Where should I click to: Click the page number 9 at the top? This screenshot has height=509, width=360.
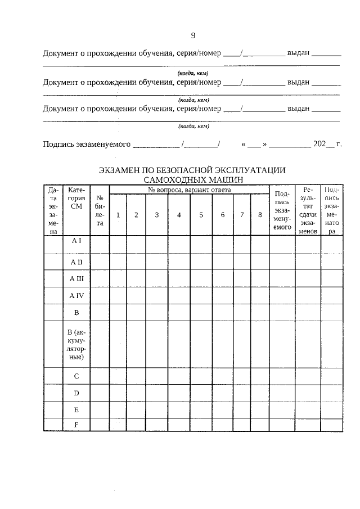click(193, 36)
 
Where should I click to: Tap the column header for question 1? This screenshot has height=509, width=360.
click(118, 215)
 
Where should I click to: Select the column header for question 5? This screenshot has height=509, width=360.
click(201, 215)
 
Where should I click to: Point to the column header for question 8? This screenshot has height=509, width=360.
click(259, 215)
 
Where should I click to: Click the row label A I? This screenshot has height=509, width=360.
click(76, 240)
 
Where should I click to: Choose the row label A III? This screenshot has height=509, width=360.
click(76, 278)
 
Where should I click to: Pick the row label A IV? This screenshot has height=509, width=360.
click(76, 295)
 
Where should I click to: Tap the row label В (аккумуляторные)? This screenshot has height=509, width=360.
click(76, 344)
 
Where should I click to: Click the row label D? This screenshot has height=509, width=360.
click(76, 393)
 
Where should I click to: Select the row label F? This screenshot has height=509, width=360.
click(76, 425)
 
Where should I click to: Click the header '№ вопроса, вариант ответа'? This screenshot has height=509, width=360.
click(189, 190)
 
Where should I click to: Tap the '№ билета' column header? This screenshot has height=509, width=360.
click(100, 210)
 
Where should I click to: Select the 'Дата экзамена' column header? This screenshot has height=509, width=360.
click(53, 210)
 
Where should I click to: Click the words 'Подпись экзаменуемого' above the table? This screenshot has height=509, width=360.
click(87, 144)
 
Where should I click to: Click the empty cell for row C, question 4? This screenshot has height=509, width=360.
click(179, 376)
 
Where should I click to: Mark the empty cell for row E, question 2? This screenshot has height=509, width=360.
click(136, 409)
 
